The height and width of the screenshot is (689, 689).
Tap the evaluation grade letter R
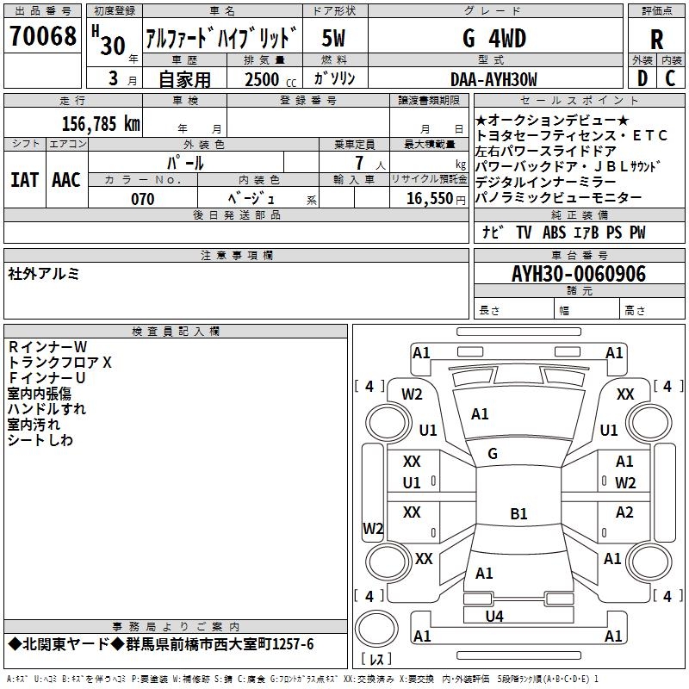(656, 40)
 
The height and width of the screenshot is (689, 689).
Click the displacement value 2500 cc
(262, 79)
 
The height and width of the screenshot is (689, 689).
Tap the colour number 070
(142, 199)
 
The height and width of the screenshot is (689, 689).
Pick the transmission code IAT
(24, 179)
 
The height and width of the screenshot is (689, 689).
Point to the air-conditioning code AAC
(66, 179)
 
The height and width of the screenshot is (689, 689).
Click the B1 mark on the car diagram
(518, 514)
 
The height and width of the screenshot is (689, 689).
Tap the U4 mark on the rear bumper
(493, 616)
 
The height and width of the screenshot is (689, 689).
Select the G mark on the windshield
(492, 454)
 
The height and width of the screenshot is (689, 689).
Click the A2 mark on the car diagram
(624, 512)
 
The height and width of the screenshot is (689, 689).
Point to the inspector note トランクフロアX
(60, 363)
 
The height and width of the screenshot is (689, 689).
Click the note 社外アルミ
(44, 273)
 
